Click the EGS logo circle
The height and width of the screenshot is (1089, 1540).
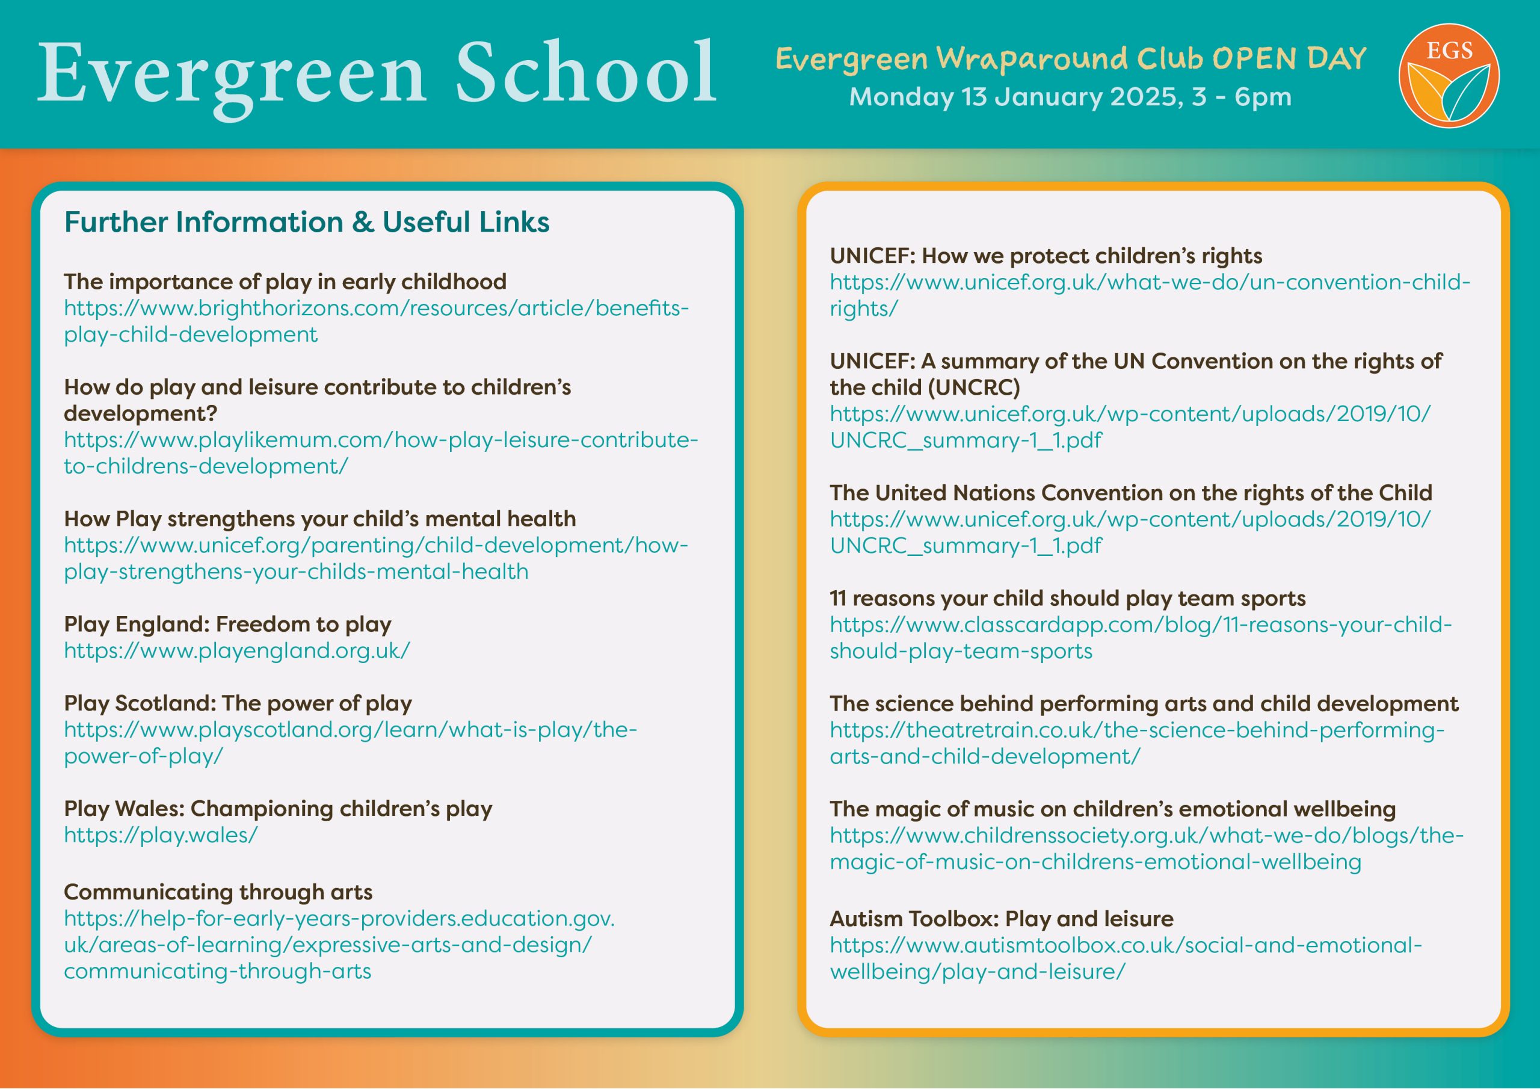(x=1448, y=75)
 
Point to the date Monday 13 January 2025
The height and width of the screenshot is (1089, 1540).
(x=1012, y=97)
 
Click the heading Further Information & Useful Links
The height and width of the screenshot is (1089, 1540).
(x=307, y=222)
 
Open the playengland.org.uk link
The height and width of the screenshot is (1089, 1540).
(x=237, y=651)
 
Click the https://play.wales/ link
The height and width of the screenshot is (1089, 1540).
(x=161, y=835)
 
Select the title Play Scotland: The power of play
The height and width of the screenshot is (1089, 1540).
(x=238, y=703)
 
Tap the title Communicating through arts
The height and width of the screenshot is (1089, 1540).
(x=218, y=892)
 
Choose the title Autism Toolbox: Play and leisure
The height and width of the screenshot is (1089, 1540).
(x=1002, y=919)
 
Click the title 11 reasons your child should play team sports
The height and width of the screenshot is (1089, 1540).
(x=1068, y=599)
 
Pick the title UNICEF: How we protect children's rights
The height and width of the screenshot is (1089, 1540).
(x=1046, y=256)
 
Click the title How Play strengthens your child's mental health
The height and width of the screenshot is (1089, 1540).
(x=320, y=519)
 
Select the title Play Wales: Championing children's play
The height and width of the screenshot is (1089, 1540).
(x=278, y=809)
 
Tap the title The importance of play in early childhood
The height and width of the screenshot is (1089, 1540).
(x=285, y=282)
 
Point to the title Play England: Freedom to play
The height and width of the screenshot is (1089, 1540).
(x=227, y=625)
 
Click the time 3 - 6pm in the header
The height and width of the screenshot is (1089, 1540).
(x=1242, y=97)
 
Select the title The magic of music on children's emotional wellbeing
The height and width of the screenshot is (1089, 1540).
(x=1113, y=809)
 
